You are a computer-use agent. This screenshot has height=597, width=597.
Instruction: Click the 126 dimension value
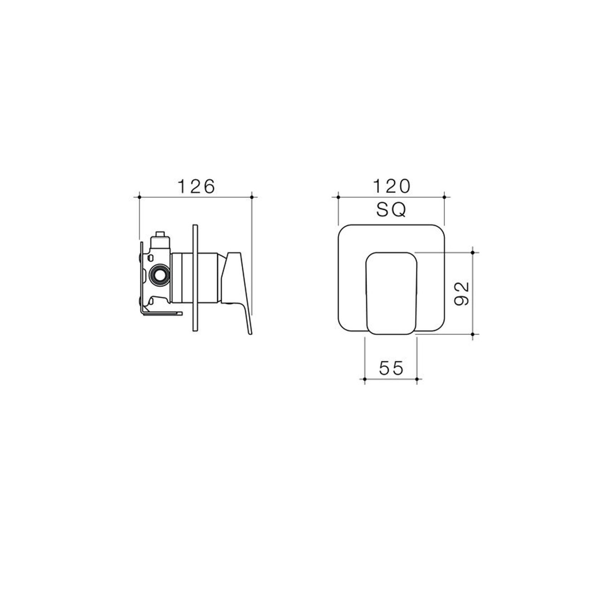(196, 186)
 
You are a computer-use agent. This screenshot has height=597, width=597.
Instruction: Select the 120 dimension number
(391, 186)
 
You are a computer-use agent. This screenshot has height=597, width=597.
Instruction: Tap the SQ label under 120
(391, 211)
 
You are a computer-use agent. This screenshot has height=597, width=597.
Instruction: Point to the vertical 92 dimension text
(462, 294)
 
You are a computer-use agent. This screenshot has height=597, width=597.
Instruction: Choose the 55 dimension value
(391, 368)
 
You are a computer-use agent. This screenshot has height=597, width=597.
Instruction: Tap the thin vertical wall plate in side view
(194, 278)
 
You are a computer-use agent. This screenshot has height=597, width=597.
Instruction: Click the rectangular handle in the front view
(391, 294)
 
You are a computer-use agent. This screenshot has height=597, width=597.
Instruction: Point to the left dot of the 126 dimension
(139, 197)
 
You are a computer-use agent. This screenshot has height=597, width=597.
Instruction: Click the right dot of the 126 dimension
(252, 197)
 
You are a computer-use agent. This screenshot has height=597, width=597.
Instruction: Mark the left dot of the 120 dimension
(338, 197)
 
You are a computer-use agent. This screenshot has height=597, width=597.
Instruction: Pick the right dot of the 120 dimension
(444, 197)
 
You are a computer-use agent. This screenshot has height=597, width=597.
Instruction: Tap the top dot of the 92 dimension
(473, 253)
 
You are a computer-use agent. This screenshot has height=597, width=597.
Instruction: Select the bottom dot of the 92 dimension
(473, 334)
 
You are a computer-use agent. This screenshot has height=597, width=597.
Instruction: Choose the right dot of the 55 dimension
(417, 379)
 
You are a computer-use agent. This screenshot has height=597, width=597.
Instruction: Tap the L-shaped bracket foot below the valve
(162, 313)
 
